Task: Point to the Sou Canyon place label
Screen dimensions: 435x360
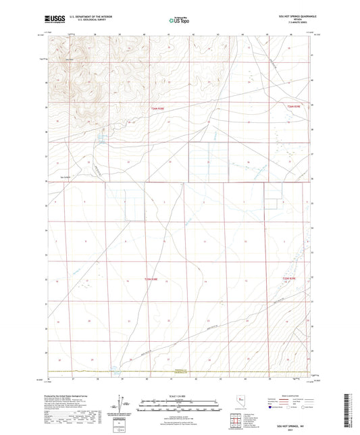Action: [66, 178]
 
